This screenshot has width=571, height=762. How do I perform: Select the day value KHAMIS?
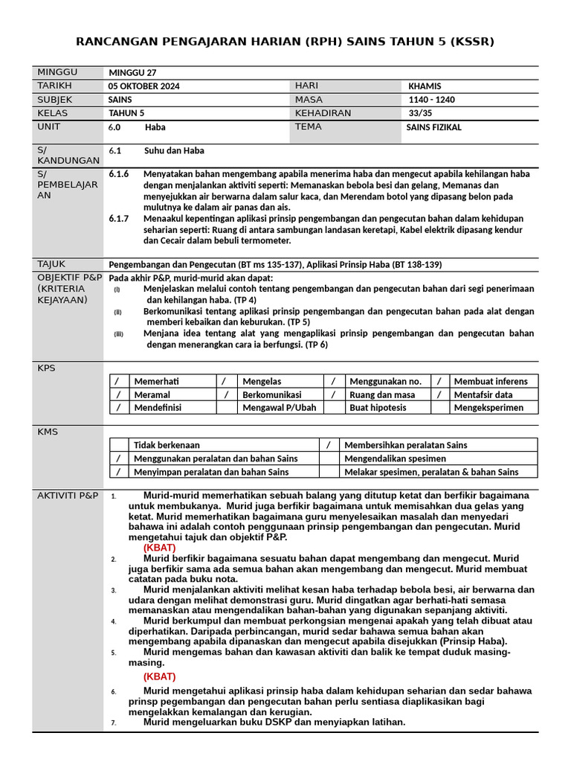click(426, 86)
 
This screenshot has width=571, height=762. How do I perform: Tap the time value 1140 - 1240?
click(432, 100)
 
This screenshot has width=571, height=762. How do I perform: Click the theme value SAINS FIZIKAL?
click(433, 127)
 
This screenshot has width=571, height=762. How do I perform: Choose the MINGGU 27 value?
click(132, 73)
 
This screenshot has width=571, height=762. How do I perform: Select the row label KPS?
click(46, 368)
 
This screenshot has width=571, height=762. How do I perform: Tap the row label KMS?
click(47, 432)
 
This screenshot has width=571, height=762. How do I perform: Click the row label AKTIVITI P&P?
click(68, 496)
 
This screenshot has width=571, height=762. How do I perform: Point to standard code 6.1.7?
click(119, 219)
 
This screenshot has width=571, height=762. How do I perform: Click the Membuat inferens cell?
click(491, 382)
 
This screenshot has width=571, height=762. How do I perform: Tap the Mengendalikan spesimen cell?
click(395, 458)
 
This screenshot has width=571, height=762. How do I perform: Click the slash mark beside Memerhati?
click(117, 382)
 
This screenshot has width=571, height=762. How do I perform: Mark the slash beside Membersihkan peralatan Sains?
click(329, 445)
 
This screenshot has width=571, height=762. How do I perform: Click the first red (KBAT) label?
click(159, 548)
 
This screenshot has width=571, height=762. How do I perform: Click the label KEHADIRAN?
click(323, 113)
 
